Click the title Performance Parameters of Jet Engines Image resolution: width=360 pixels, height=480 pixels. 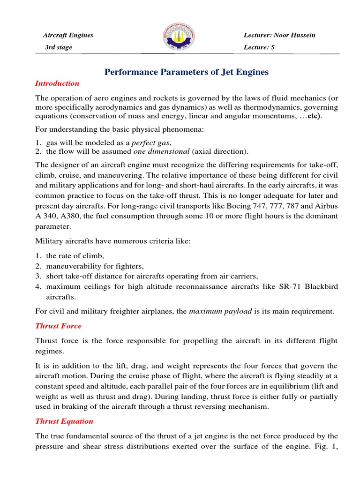pos(186,72)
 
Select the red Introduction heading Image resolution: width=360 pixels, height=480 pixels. pos(57,83)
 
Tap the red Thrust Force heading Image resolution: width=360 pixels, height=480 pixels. pos(58,326)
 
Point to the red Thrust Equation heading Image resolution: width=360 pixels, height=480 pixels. pos(64,421)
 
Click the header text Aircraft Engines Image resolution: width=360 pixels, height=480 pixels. pos(68,35)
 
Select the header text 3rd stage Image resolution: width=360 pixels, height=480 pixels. pos(58,47)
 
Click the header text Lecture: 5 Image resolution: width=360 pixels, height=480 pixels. pos(259,47)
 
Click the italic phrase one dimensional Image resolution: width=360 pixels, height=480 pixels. pos(161,151)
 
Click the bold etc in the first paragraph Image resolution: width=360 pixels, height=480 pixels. pos(313,116)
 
